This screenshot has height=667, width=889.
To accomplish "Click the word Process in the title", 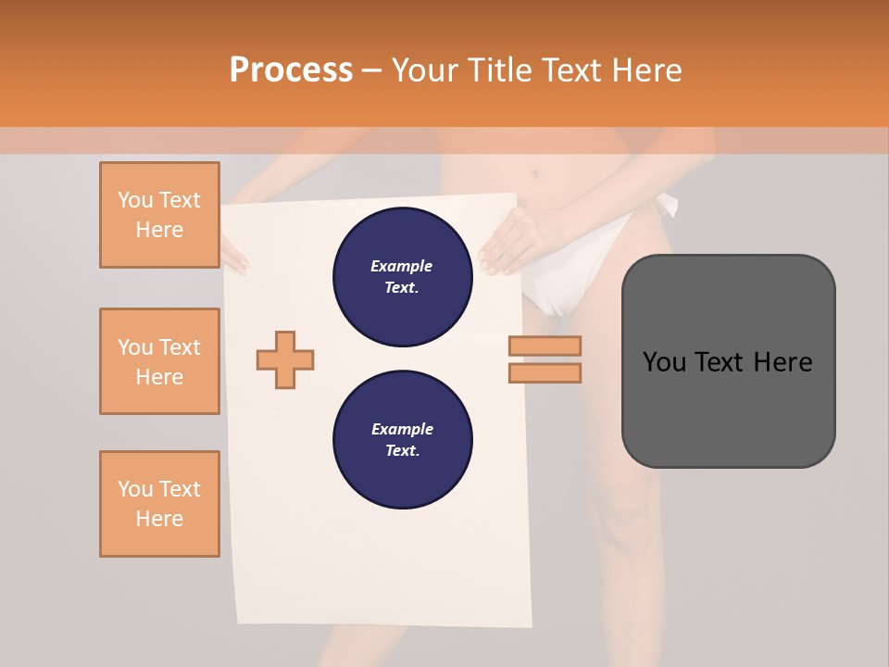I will (291, 70).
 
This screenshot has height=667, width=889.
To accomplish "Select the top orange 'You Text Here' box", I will (159, 215).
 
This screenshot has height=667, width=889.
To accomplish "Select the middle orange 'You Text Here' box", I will (159, 361).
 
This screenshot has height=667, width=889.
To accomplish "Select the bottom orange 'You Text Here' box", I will (159, 503).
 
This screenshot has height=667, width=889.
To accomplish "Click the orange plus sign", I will (285, 359).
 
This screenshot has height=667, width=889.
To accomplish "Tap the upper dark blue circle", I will (402, 276).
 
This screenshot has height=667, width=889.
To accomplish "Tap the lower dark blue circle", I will (402, 439).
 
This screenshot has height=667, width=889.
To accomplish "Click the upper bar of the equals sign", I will (545, 346).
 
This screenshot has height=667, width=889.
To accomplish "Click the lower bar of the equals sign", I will (545, 372).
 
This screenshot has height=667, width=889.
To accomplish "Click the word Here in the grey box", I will (783, 362).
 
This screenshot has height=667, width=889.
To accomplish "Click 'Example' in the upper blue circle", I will (402, 266).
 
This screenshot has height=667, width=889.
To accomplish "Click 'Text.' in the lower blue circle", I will (402, 451).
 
